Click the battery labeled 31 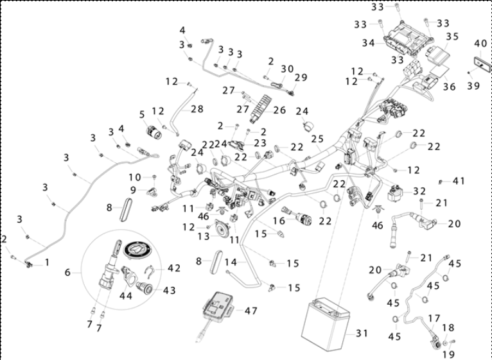pyautogui.click(x=326, y=324)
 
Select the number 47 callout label pyautogui.click(x=251, y=311)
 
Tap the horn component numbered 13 pyautogui.click(x=221, y=228)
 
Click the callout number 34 pyautogui.click(x=369, y=43)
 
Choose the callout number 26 pyautogui.click(x=279, y=110)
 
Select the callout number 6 pyautogui.click(x=67, y=273)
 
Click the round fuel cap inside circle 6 pyautogui.click(x=137, y=250)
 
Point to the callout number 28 pyautogui.click(x=197, y=109)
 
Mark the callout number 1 pyautogui.click(x=47, y=262)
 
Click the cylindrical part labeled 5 pyautogui.click(x=154, y=132)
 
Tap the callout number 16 pyautogui.click(x=279, y=221)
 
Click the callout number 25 pyautogui.click(x=317, y=139)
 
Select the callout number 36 pyautogui.click(x=449, y=87)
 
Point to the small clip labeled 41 pyautogui.click(x=440, y=182)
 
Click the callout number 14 pyautogui.click(x=231, y=262)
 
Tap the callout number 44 pyautogui.click(x=126, y=295)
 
